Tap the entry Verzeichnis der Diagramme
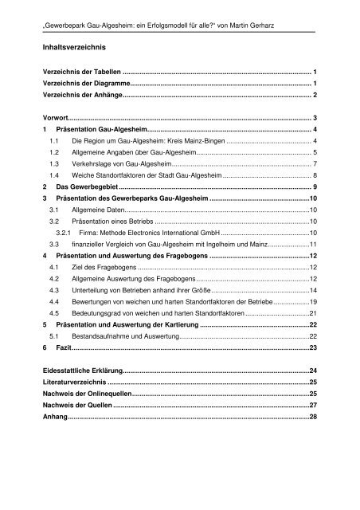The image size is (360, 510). click(x=83, y=83)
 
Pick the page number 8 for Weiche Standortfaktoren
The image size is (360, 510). click(x=316, y=174)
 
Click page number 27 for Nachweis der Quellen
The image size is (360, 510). click(x=313, y=405)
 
